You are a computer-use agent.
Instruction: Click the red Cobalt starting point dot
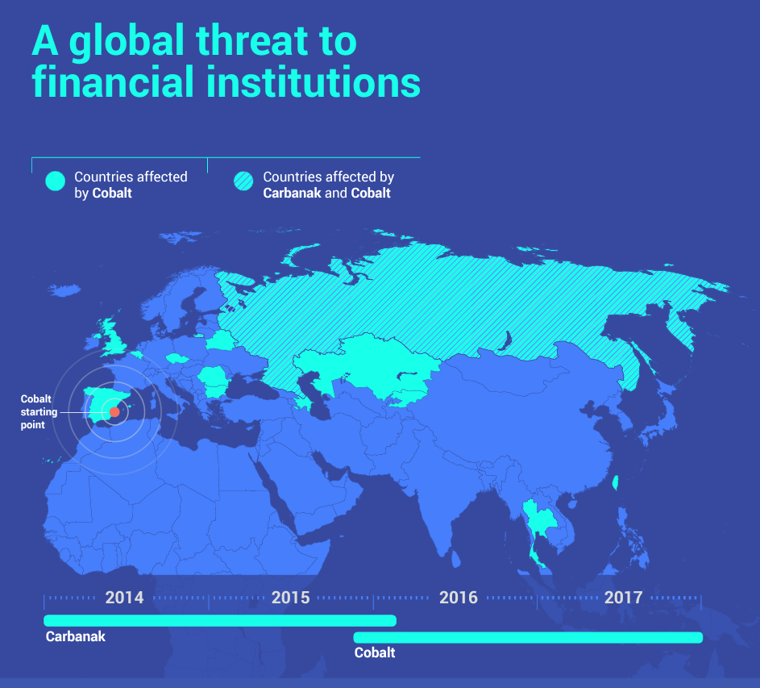(x=114, y=411)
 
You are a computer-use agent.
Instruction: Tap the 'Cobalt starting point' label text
(x=39, y=412)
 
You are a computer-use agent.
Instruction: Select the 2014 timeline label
(x=124, y=598)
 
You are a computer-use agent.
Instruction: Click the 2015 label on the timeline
(x=290, y=598)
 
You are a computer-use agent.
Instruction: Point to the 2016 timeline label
(x=458, y=598)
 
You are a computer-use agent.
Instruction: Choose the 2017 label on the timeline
(x=623, y=598)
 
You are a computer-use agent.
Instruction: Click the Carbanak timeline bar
(x=219, y=620)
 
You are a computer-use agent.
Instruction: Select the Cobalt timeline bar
(x=528, y=637)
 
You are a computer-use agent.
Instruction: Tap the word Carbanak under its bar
(x=75, y=637)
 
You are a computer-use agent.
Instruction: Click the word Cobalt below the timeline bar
(x=375, y=653)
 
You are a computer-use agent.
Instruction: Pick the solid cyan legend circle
(x=54, y=181)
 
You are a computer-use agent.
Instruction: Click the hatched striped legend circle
(x=243, y=181)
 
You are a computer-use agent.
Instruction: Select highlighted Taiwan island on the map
(x=616, y=483)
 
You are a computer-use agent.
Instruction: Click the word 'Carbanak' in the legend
(x=292, y=194)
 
